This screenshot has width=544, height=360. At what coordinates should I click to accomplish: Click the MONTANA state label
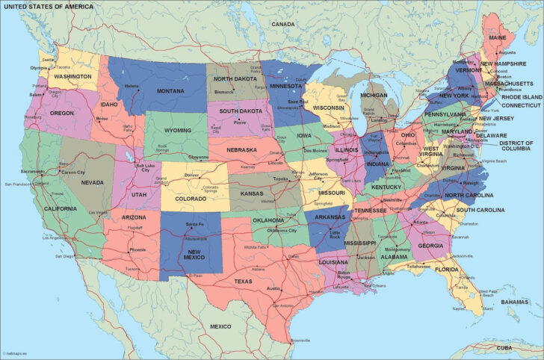click(x=171, y=90)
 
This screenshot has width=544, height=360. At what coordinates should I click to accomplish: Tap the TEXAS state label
click(x=244, y=282)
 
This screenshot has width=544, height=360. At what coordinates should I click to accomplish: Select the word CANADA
click(x=283, y=24)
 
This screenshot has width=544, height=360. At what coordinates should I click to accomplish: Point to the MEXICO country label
click(x=220, y=326)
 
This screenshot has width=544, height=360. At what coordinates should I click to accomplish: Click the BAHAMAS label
click(x=515, y=302)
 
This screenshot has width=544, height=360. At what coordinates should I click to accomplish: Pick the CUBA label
click(x=505, y=347)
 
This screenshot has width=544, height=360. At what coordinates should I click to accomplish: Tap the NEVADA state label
click(x=92, y=182)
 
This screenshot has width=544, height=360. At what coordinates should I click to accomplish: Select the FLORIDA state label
click(x=447, y=269)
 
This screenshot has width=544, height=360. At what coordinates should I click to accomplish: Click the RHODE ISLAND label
click(x=522, y=97)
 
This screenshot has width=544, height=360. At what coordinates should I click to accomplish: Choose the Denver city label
click(x=192, y=175)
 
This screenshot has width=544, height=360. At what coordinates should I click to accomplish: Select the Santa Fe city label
click(x=194, y=224)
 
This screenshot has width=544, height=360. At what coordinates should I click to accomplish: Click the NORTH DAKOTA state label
click(x=235, y=78)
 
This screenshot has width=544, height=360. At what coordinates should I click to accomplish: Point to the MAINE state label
click(x=497, y=37)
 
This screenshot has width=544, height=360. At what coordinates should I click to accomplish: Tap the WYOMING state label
click(x=178, y=130)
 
